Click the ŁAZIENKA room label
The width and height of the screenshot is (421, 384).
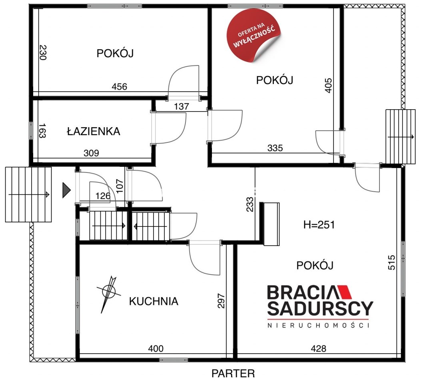94,131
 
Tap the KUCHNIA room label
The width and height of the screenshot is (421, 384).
154,301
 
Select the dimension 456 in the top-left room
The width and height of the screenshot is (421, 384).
120,86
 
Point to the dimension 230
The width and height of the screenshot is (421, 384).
43,52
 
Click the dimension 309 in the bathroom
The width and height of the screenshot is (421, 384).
91,153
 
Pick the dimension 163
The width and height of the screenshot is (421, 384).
42,130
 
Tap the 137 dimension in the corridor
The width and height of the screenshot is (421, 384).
182,107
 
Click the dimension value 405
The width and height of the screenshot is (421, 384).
328,86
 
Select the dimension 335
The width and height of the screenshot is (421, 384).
275,148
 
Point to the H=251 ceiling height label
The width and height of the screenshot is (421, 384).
319,225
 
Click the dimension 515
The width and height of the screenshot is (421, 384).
392,262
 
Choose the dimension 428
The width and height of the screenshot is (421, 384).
318,348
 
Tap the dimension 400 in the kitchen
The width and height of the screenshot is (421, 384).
156,348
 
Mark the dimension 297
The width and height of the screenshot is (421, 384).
221,301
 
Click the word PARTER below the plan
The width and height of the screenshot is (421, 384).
233,374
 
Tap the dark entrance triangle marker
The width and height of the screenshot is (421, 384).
66,190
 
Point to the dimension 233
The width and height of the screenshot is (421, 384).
250,204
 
